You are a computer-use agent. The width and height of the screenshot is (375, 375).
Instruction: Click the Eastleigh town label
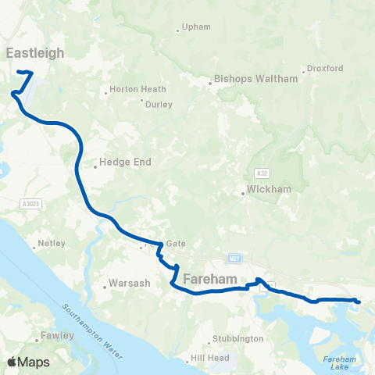point(35,52)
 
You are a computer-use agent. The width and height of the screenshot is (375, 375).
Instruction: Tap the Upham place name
point(196,27)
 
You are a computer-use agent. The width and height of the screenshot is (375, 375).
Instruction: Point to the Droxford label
point(325,68)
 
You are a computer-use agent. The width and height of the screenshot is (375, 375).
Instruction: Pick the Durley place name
point(159,102)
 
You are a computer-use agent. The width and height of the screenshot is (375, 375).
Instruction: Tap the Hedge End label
point(126,162)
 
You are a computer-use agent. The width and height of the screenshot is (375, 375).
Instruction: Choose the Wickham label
point(263,188)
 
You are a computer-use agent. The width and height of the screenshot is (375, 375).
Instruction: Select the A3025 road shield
point(30,203)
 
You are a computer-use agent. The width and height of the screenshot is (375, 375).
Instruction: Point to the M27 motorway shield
point(234,258)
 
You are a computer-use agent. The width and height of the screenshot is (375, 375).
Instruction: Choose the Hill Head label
point(208,360)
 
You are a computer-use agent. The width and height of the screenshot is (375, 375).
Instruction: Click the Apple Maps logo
point(29,362)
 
